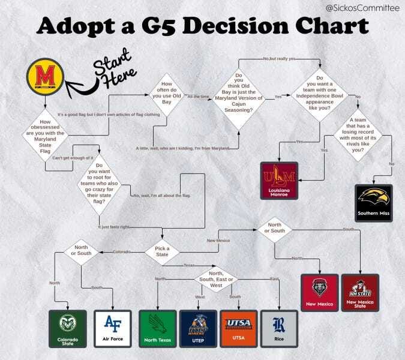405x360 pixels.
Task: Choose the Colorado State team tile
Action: click(x=68, y=328)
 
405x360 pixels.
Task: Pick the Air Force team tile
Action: click(x=112, y=328)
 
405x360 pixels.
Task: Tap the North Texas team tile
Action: click(x=158, y=328)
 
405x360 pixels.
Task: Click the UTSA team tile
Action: click(x=239, y=328)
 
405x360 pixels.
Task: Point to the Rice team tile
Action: click(x=278, y=328)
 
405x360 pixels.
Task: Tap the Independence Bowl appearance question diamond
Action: click(x=319, y=95)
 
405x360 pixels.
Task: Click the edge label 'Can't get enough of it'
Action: click(x=74, y=158)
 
